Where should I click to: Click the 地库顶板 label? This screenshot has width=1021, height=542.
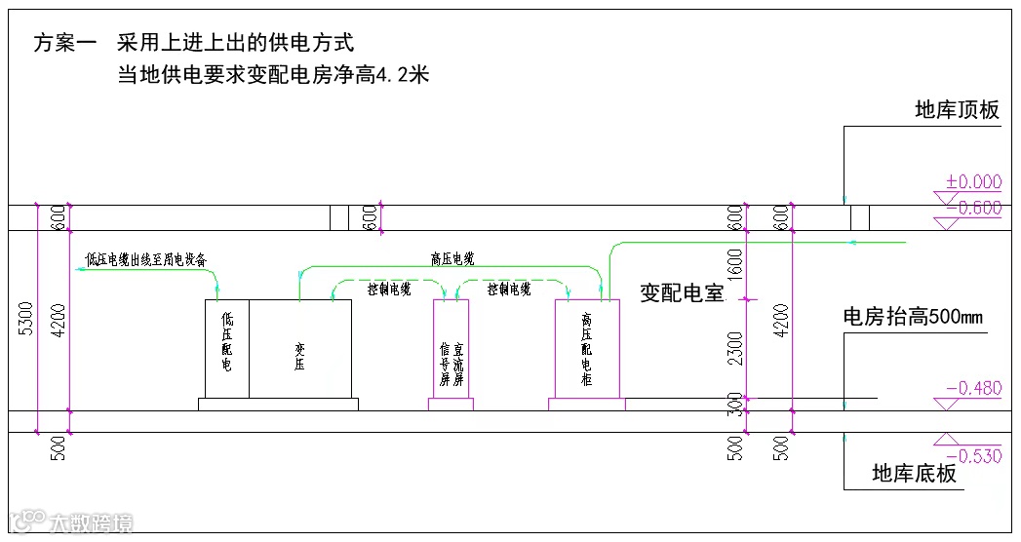tap(957, 110)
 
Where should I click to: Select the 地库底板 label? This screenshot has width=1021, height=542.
tap(914, 475)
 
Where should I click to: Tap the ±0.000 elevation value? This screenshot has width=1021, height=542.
tap(973, 181)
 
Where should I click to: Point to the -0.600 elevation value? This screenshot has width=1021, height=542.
tap(973, 207)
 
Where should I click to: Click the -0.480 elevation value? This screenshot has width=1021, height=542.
tap(973, 388)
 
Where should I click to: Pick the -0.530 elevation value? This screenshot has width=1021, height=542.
tap(973, 456)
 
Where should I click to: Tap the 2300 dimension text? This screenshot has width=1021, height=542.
tap(735, 347)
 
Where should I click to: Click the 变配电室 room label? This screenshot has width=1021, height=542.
tap(682, 293)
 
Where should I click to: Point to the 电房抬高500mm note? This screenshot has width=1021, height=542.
tap(913, 317)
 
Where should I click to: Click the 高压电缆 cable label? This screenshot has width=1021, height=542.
tap(452, 259)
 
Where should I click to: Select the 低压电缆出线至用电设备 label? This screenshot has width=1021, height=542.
tap(146, 260)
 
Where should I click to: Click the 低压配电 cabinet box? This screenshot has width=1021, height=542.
tap(226, 349)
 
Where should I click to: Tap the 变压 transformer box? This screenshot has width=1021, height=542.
tap(300, 349)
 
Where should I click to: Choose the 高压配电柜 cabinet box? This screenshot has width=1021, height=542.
tap(587, 349)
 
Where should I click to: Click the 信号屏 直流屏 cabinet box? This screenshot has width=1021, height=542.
tap(451, 349)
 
